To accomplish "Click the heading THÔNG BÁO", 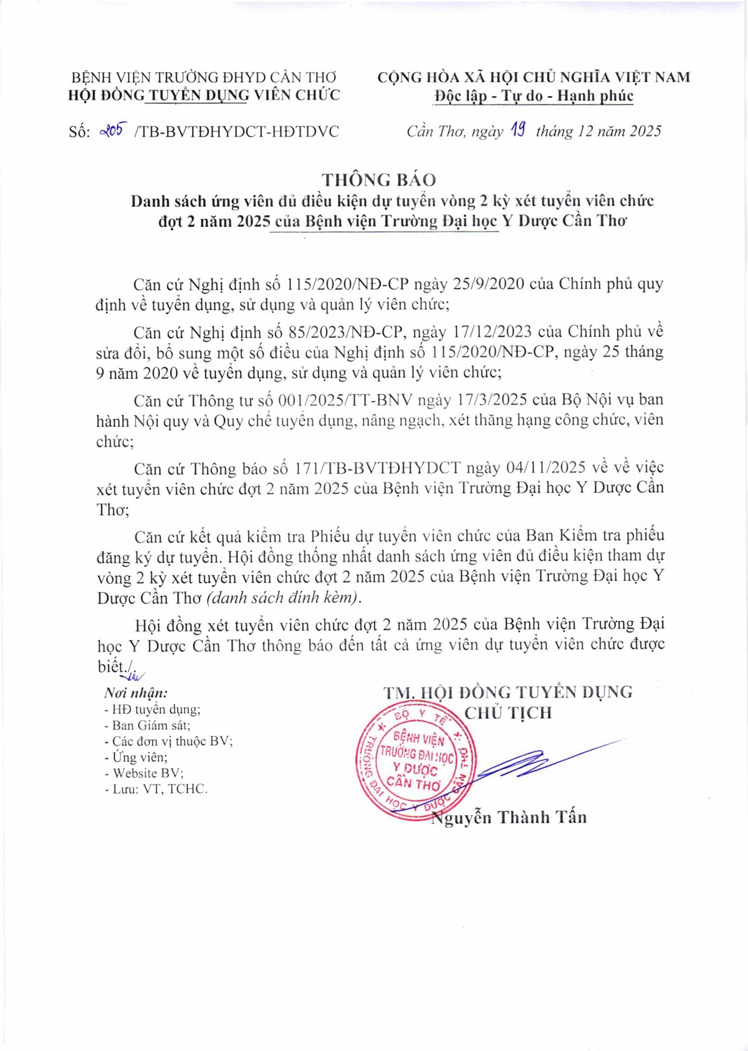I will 378,180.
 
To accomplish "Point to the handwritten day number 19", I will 518,130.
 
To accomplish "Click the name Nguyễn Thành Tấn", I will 509,817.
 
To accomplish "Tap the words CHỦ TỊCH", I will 508,713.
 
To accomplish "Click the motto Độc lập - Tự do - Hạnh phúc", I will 534,96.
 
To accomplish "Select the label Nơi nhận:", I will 136,693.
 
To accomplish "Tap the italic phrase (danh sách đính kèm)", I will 284,597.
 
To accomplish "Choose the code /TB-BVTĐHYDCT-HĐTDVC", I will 237,132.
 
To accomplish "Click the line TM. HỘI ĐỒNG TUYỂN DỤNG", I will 508,692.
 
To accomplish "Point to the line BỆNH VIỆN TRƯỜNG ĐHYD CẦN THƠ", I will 203,77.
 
